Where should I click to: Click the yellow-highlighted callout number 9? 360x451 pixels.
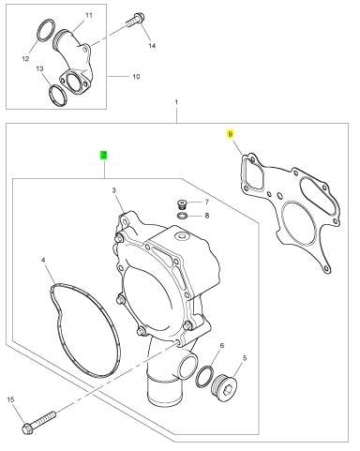tap(231, 134)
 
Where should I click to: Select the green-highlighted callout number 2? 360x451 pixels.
tap(104, 155)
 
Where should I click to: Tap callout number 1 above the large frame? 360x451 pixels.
tap(176, 102)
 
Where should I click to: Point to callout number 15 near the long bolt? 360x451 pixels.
tap(10, 399)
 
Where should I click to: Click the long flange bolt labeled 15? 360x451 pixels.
tap(39, 422)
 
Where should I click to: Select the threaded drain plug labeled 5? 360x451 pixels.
tap(224, 387)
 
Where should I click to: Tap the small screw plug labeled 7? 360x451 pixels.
tap(181, 204)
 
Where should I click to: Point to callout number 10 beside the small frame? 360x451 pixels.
tap(136, 77)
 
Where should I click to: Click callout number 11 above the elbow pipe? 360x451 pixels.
tap(89, 15)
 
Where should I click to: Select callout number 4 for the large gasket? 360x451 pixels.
tap(43, 260)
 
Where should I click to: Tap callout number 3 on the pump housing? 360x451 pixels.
tap(113, 190)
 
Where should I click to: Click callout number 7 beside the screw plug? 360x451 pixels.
tap(206, 203)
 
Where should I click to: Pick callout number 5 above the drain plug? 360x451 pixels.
tap(245, 358)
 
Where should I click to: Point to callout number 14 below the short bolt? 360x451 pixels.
tap(152, 46)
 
